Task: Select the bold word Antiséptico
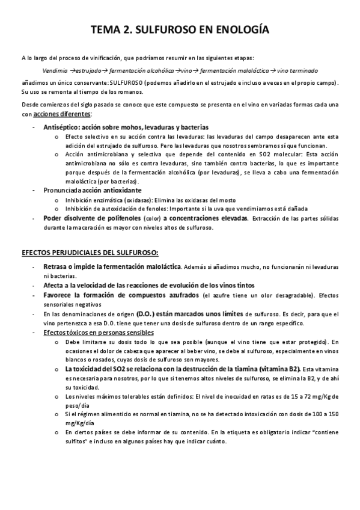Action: [62, 127]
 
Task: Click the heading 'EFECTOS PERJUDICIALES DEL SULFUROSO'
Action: [90, 251]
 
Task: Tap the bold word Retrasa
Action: [56, 266]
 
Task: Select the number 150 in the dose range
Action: [335, 414]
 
